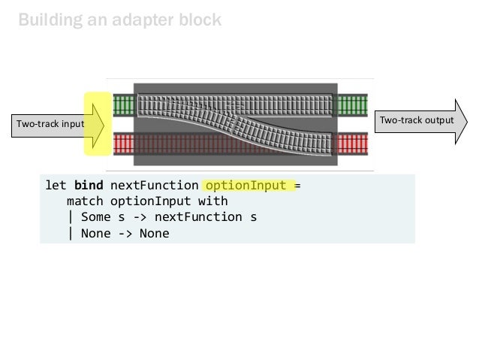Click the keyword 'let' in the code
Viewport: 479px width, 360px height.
(56, 186)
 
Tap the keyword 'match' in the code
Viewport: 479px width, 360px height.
(85, 201)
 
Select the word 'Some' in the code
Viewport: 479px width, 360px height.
(96, 217)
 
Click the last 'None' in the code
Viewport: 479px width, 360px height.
(154, 233)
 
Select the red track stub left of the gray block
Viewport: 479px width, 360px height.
(122, 142)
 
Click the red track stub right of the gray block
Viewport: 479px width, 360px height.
(351, 142)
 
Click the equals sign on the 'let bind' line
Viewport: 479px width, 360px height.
(297, 186)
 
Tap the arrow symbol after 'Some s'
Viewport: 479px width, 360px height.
(143, 217)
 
